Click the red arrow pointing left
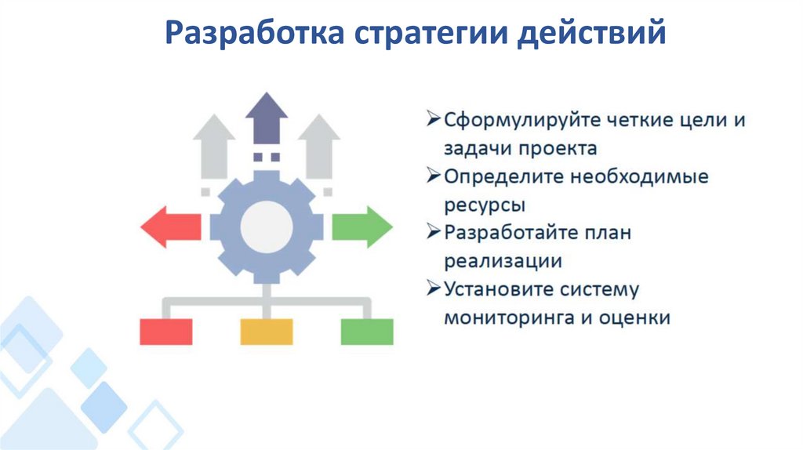click(x=169, y=227)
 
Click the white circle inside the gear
click(x=267, y=227)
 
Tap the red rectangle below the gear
click(x=166, y=332)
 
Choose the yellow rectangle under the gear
click(x=267, y=332)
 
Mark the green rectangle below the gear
click(x=367, y=332)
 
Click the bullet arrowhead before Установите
click(x=434, y=288)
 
